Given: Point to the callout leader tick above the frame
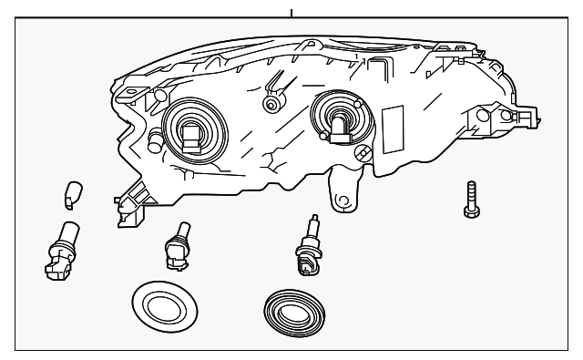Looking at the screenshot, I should (x=291, y=13).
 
